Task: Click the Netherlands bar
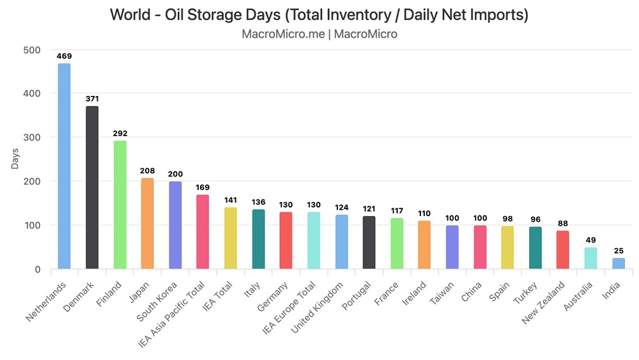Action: click(x=64, y=166)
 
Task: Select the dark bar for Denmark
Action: click(x=92, y=188)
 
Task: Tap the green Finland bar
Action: click(x=119, y=205)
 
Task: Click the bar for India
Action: click(x=619, y=263)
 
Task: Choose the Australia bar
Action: click(x=590, y=258)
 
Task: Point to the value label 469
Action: click(x=64, y=56)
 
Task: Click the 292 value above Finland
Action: click(x=119, y=134)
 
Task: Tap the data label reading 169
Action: click(x=203, y=188)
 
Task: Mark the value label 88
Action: click(x=563, y=223)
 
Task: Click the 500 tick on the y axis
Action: click(x=31, y=50)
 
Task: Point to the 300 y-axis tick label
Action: click(x=31, y=137)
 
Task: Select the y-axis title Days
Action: click(x=15, y=159)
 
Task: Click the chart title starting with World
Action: click(x=319, y=15)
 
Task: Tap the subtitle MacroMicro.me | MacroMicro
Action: click(x=319, y=34)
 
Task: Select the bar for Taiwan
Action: click(x=452, y=247)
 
